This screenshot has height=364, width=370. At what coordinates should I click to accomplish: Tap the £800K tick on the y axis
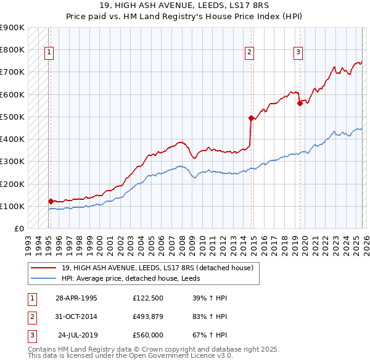click(x=12, y=50)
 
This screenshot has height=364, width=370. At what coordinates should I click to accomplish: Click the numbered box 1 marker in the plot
click(x=48, y=53)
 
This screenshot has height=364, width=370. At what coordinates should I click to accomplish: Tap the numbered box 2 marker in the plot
click(x=249, y=53)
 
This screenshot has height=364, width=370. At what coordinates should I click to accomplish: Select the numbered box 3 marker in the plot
click(x=297, y=53)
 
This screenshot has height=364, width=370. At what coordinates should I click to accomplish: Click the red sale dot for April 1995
click(x=51, y=201)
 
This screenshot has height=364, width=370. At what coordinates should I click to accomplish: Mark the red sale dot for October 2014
click(x=251, y=118)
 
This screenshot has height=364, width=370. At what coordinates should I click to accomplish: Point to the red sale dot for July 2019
click(x=300, y=104)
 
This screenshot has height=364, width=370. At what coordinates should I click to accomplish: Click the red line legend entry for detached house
click(x=157, y=268)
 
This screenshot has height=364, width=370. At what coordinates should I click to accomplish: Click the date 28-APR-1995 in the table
click(x=76, y=298)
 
